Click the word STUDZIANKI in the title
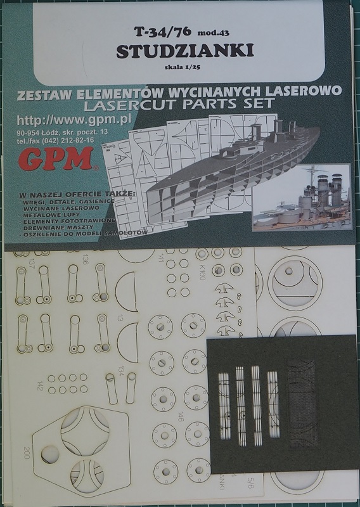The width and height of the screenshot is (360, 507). pos(181,51)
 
